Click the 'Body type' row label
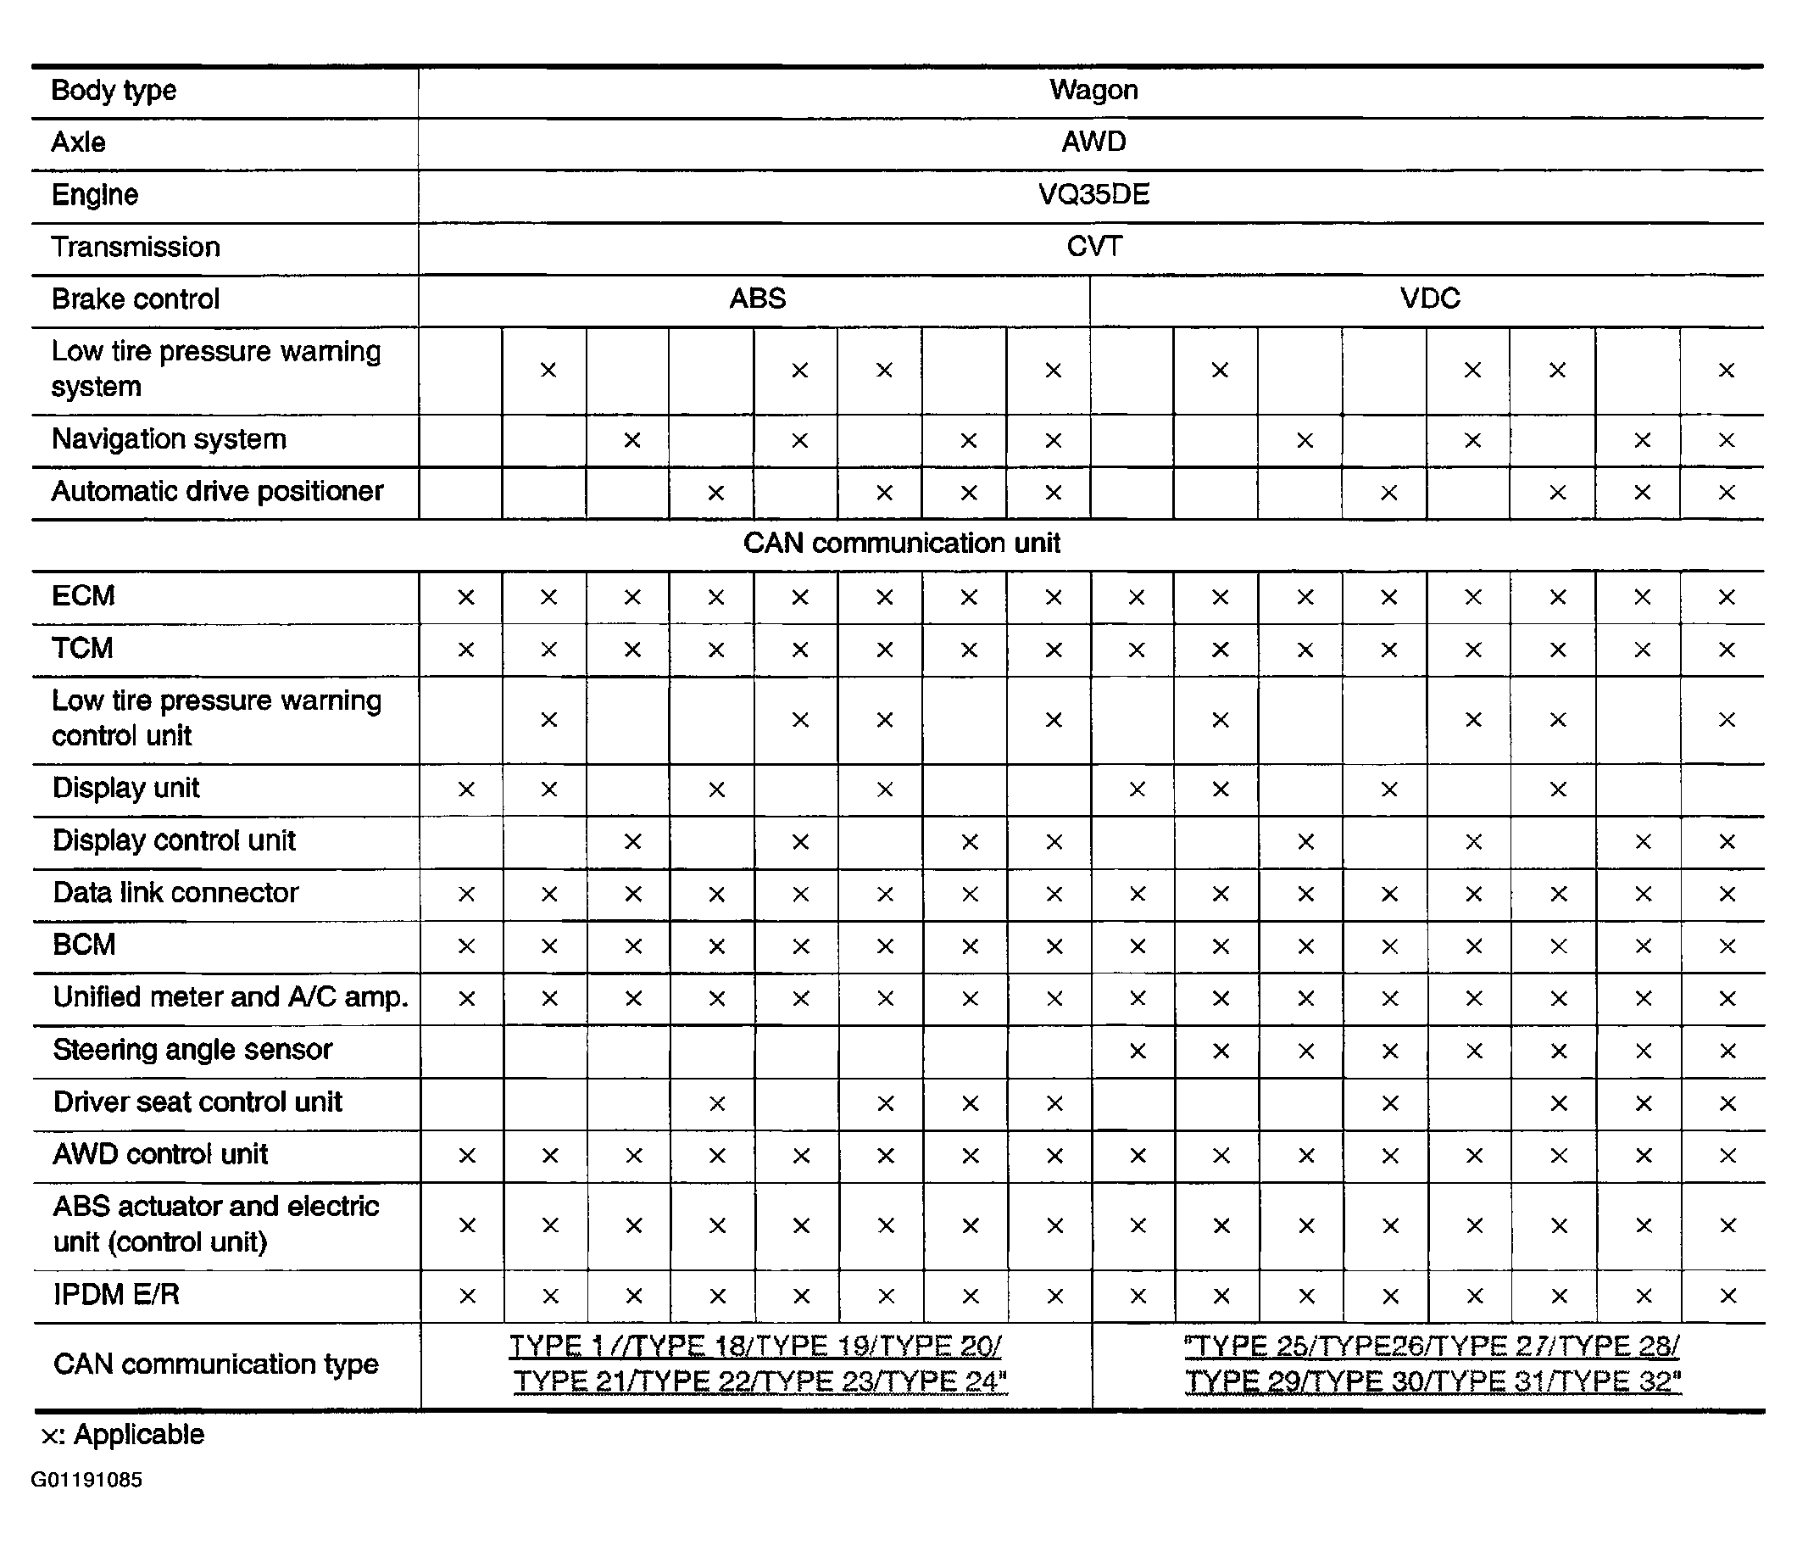(114, 90)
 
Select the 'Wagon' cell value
(1093, 90)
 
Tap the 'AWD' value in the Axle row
(1093, 142)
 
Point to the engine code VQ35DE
(1093, 194)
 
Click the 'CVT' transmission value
(1093, 247)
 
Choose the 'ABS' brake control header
(756, 298)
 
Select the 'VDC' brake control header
(1429, 298)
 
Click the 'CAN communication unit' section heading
(901, 543)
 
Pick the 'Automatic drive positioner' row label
(217, 491)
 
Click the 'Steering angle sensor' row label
(192, 1050)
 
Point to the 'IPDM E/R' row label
(116, 1294)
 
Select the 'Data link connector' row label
(175, 893)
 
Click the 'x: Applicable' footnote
(123, 1434)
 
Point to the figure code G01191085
(86, 1480)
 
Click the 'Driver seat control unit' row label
(198, 1102)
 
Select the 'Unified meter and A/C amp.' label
(231, 997)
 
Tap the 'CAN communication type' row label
(216, 1364)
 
